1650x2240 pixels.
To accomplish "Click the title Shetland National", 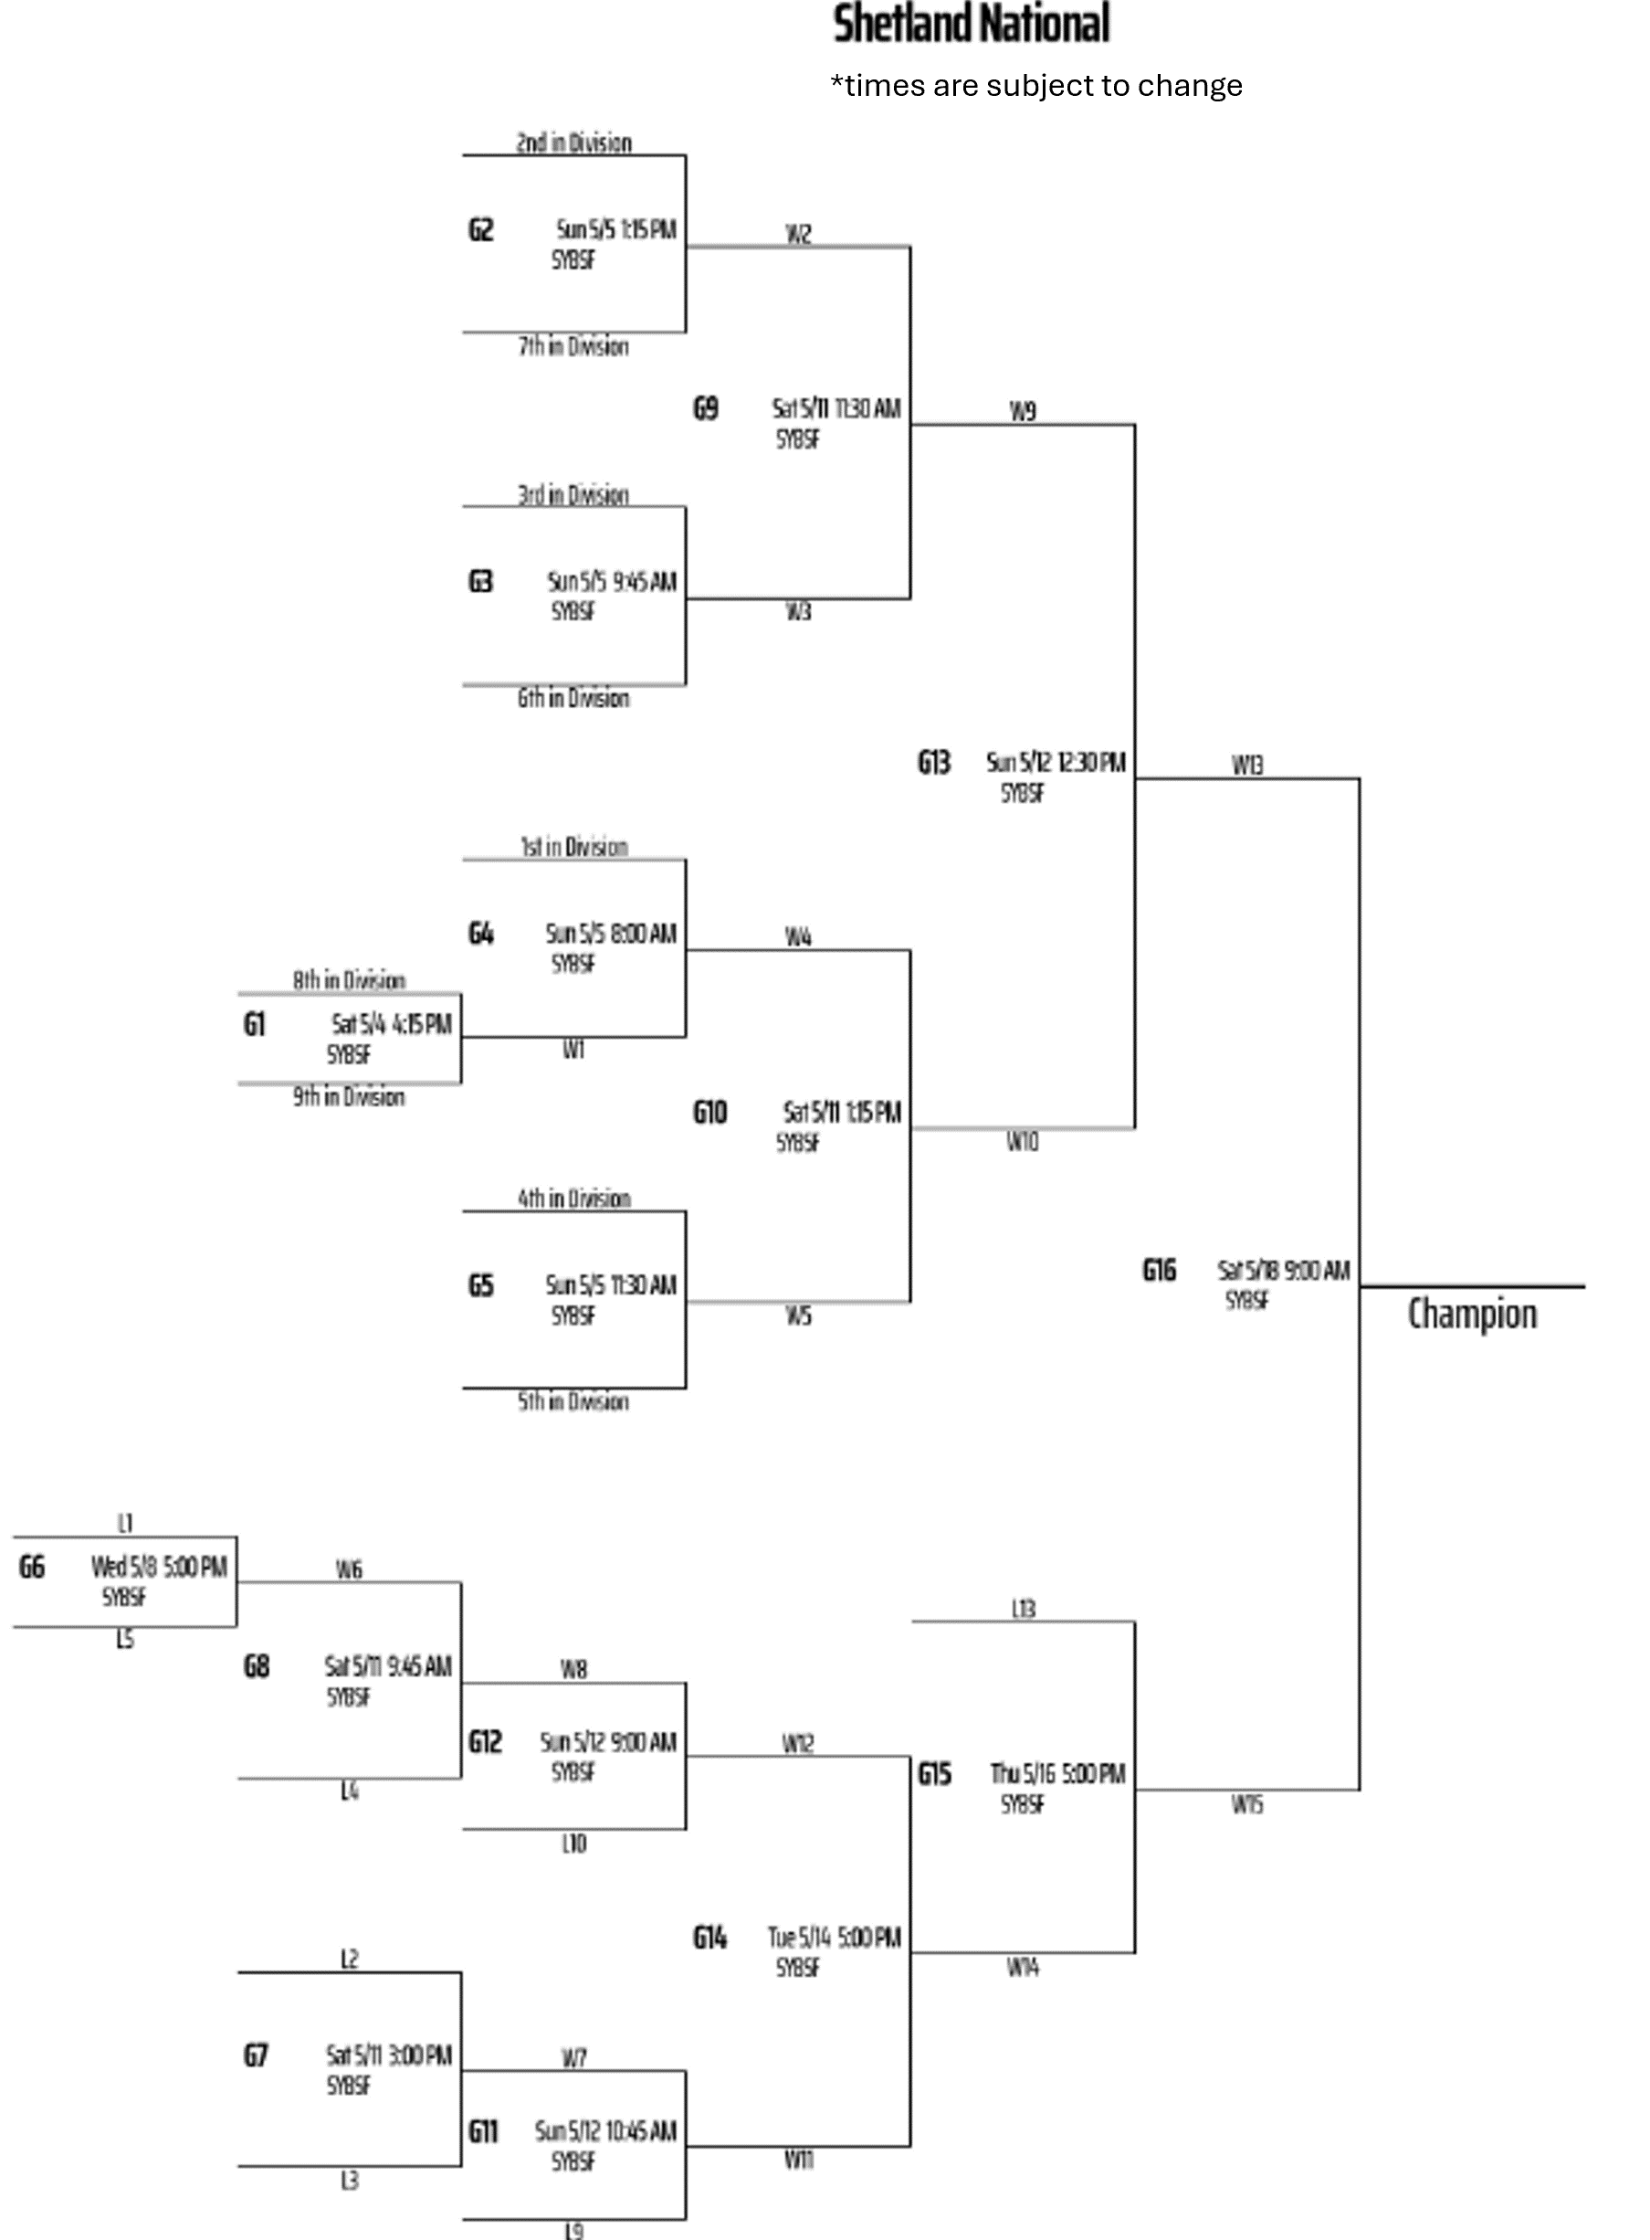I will [x=971, y=24].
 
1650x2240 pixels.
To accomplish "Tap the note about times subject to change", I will [x=1035, y=86].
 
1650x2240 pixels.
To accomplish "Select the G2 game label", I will [x=480, y=230].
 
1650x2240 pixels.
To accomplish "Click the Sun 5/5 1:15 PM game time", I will [x=616, y=230].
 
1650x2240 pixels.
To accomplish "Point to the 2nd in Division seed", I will [x=573, y=143].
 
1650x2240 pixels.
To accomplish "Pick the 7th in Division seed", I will [x=573, y=347].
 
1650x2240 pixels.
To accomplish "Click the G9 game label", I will [x=705, y=408].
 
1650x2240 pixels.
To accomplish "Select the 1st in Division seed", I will [x=573, y=847].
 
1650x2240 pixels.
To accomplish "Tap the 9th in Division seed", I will [x=349, y=1097].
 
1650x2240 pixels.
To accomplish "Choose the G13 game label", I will [x=934, y=764].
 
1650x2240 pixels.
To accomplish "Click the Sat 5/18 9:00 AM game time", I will [x=1284, y=1271].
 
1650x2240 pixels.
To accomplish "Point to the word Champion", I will [x=1471, y=1315].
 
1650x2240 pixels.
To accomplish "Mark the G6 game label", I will [x=32, y=1568].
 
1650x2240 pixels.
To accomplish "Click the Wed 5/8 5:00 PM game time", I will [x=159, y=1568].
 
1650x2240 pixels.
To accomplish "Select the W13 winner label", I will [x=1246, y=766].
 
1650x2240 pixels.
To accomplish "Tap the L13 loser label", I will [x=1023, y=1610].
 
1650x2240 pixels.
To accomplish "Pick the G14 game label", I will [x=709, y=1939].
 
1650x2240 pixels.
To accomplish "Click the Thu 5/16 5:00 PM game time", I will [x=1057, y=1774].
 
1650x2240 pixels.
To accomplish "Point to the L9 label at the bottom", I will [x=573, y=2230].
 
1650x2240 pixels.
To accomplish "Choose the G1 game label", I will [x=255, y=1025].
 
